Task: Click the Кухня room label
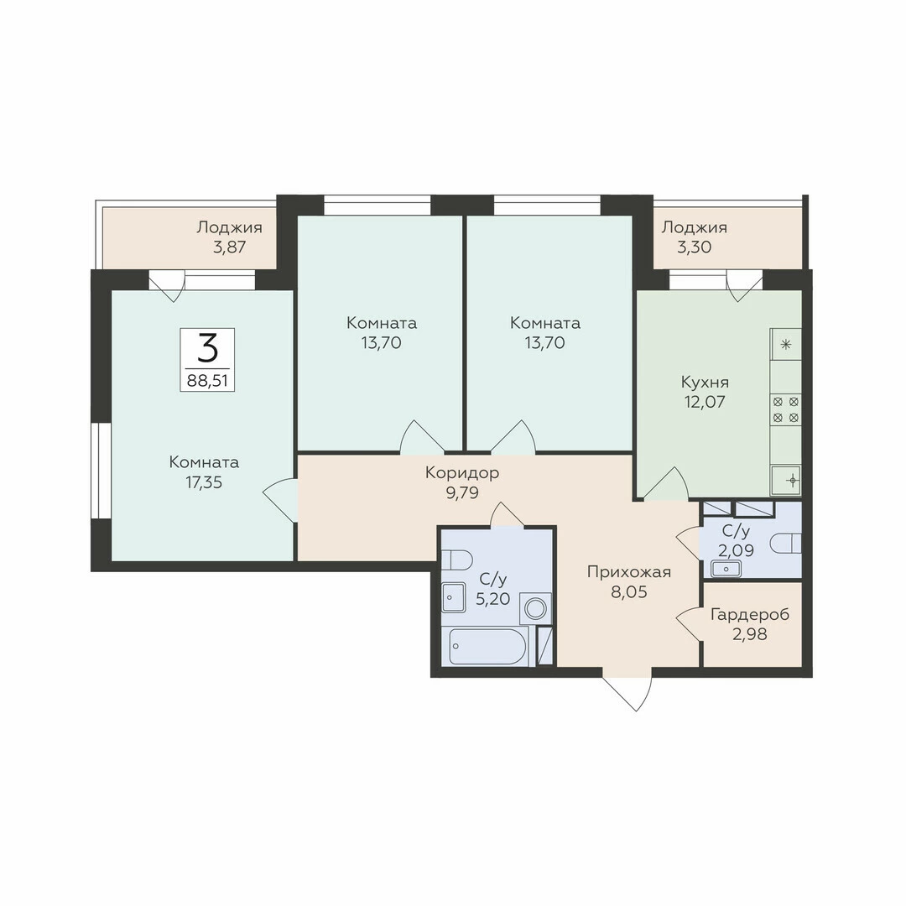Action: (x=705, y=383)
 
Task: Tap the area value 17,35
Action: (x=204, y=482)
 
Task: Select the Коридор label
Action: (x=462, y=473)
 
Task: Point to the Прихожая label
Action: (x=628, y=572)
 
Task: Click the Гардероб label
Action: (x=750, y=615)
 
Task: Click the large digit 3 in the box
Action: (x=207, y=348)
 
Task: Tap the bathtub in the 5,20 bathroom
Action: (x=487, y=646)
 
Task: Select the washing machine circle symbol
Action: (x=535, y=609)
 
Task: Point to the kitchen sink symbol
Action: (x=786, y=480)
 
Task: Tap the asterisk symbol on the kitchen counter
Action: (x=786, y=346)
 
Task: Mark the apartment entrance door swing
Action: (x=627, y=692)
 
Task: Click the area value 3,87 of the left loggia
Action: (x=229, y=247)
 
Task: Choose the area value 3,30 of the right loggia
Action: (x=694, y=247)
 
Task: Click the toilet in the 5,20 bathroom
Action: (x=457, y=560)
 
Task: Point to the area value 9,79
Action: (x=462, y=493)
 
